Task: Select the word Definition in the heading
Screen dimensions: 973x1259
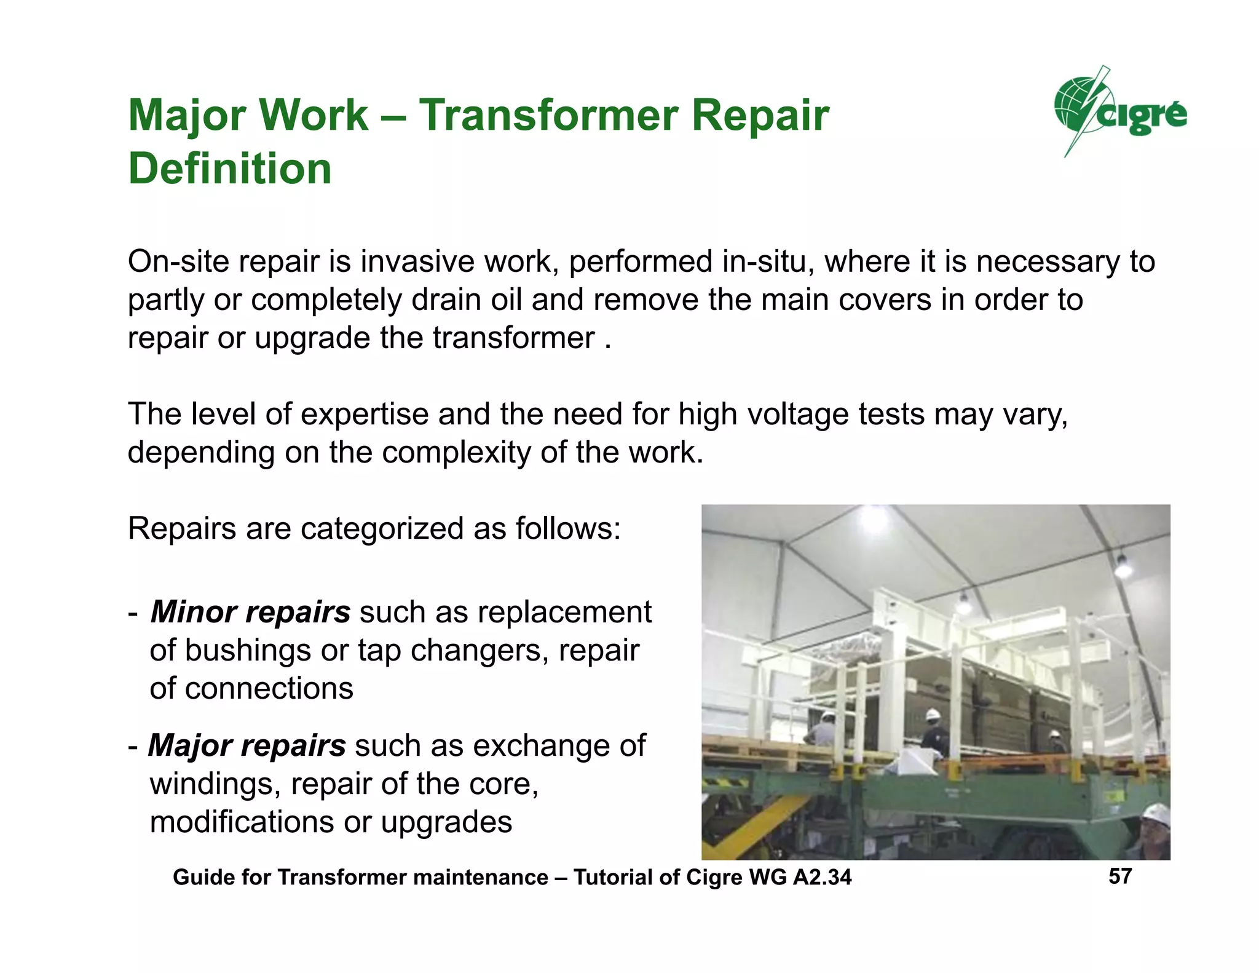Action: (x=230, y=169)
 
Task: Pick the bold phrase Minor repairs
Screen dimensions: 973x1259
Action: (x=250, y=612)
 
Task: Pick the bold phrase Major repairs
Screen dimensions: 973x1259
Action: (x=247, y=745)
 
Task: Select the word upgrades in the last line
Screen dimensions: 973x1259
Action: (x=446, y=822)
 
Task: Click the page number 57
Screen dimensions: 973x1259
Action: (x=1120, y=876)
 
